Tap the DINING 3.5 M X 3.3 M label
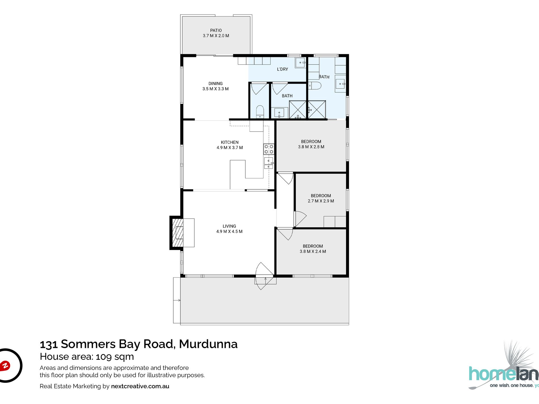pyautogui.click(x=215, y=86)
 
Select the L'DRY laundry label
pyautogui.click(x=282, y=69)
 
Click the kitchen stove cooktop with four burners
pyautogui.click(x=269, y=149)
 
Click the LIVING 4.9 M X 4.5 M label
pyautogui.click(x=229, y=229)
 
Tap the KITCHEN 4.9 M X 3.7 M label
pyautogui.click(x=230, y=145)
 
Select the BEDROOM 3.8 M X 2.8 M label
pyautogui.click(x=311, y=144)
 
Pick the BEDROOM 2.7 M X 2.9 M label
pyautogui.click(x=321, y=198)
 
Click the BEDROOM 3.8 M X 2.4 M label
pyautogui.click(x=313, y=249)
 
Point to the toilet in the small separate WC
pyautogui.click(x=260, y=112)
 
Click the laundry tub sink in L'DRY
pyautogui.click(x=300, y=62)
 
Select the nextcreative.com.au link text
pyautogui.click(x=140, y=386)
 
